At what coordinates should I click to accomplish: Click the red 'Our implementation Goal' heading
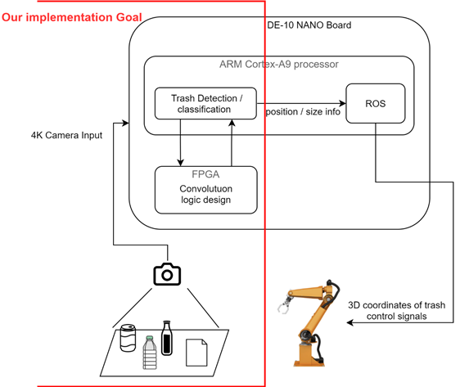click(x=72, y=17)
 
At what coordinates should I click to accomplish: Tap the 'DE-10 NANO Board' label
click(x=309, y=25)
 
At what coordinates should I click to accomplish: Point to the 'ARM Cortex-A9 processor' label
click(x=279, y=64)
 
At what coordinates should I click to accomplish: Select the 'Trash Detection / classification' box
click(x=205, y=103)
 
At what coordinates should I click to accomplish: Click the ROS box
click(x=376, y=103)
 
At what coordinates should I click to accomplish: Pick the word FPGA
click(x=205, y=174)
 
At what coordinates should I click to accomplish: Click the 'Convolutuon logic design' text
click(x=206, y=194)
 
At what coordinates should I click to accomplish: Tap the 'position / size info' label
click(x=303, y=112)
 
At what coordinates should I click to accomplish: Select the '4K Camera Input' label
click(x=66, y=135)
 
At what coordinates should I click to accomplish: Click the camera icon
click(x=167, y=274)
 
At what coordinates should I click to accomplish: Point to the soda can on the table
click(x=128, y=338)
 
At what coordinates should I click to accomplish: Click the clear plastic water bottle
click(x=150, y=353)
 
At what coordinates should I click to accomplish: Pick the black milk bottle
click(x=167, y=338)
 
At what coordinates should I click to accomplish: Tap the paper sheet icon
click(x=196, y=353)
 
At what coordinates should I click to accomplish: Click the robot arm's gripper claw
click(x=284, y=305)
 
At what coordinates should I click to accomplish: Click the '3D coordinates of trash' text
click(x=397, y=305)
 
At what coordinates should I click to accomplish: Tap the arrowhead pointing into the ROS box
click(x=343, y=103)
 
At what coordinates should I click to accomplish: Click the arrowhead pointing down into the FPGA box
click(x=180, y=163)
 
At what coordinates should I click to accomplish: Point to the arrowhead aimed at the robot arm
click(x=350, y=323)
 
